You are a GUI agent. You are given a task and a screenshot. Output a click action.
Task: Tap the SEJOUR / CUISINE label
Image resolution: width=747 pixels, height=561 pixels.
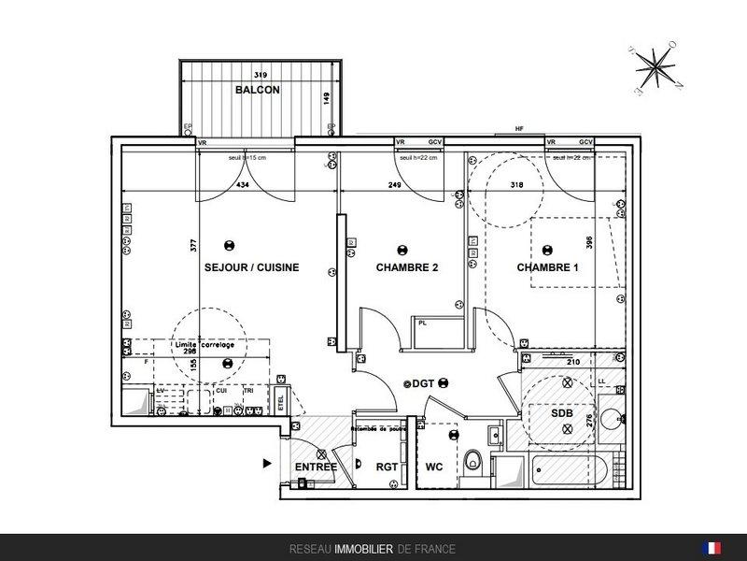pos(252,267)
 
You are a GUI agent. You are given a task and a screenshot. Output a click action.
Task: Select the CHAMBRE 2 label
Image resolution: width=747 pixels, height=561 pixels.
pos(407,267)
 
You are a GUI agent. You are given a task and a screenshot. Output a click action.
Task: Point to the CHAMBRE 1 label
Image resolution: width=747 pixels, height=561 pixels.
pos(548,267)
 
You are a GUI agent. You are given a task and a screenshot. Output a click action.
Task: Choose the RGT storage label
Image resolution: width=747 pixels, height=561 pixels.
pos(388,467)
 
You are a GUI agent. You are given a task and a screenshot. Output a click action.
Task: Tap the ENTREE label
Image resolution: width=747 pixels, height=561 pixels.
pos(316,467)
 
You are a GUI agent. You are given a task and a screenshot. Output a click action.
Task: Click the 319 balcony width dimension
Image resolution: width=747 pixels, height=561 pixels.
pos(262,75)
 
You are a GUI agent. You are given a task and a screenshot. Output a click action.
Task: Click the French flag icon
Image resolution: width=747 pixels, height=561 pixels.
pos(714,548)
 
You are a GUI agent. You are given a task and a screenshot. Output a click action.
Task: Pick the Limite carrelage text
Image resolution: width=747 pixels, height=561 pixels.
pos(204,345)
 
